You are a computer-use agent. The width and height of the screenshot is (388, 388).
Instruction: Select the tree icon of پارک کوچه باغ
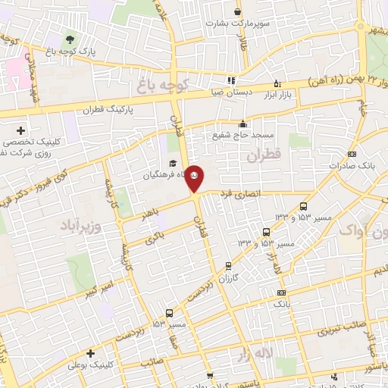[70, 39]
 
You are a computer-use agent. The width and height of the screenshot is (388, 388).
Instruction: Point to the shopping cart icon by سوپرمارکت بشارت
[238, 11]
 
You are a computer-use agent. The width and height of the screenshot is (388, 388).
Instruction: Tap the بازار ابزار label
[278, 95]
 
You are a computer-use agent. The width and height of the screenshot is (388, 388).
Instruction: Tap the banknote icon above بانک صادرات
[352, 153]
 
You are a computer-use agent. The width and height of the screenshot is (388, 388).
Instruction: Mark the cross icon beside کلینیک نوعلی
[90, 353]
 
